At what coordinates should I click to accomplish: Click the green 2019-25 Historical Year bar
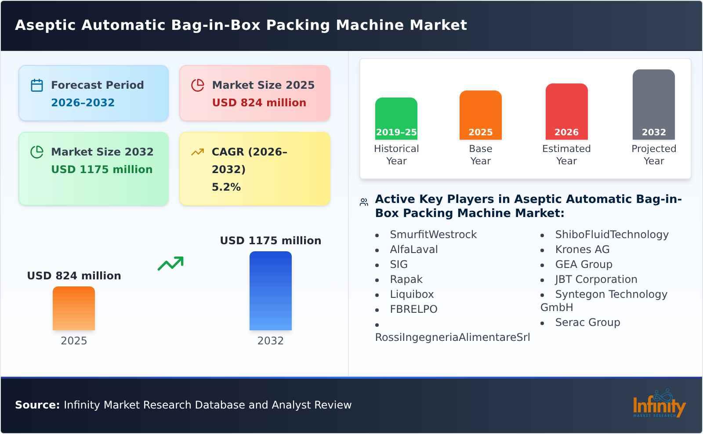point(396,118)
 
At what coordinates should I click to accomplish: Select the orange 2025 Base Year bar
point(480,115)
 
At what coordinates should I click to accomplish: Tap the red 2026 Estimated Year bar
point(566,111)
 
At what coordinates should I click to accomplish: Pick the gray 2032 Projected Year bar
point(653,104)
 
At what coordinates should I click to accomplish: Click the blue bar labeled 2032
point(270,290)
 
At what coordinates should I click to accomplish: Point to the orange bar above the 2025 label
point(74,308)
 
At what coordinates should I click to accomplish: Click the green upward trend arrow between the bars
point(170,264)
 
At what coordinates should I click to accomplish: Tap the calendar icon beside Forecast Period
point(37,85)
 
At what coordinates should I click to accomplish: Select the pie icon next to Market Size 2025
point(198,85)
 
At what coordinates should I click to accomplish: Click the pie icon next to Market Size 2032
point(37,152)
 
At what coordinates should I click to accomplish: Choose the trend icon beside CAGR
point(198,152)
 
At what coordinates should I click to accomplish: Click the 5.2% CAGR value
point(226,187)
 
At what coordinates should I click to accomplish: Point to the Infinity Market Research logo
point(659,404)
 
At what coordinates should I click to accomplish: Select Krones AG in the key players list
point(582,250)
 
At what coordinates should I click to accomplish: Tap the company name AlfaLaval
point(414,250)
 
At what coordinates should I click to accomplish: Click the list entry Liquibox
point(412,294)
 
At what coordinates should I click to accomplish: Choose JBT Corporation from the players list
point(596,279)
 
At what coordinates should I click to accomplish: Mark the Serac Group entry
point(587,322)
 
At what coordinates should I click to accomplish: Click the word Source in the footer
point(37,405)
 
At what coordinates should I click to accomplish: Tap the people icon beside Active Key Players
point(364,202)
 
